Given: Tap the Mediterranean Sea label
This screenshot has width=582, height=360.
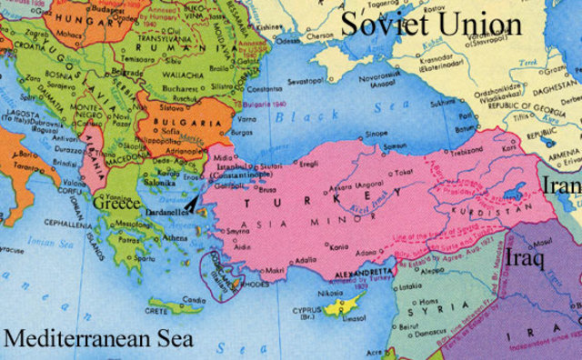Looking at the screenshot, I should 97,340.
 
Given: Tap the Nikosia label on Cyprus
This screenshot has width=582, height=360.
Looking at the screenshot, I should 330,294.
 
